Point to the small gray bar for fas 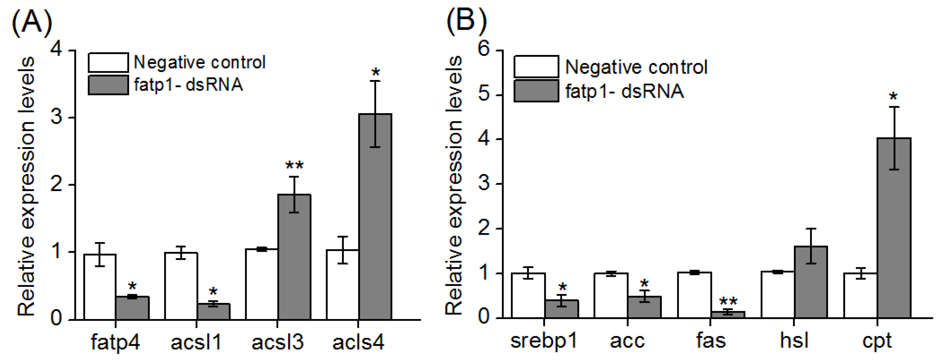coord(728,314)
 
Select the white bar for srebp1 coord(528,295)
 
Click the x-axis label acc coord(627,341)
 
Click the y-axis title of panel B coord(453,186)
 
